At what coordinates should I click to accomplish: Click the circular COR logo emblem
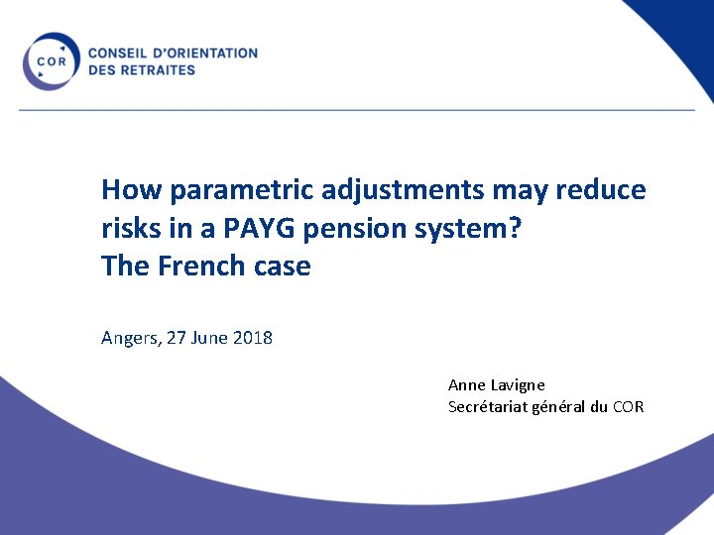[51, 61]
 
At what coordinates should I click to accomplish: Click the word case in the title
[284, 267]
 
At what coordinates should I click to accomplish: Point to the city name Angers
[129, 339]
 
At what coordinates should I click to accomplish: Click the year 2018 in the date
[253, 338]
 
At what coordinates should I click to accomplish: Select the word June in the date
[209, 338]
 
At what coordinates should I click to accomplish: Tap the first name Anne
[465, 384]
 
